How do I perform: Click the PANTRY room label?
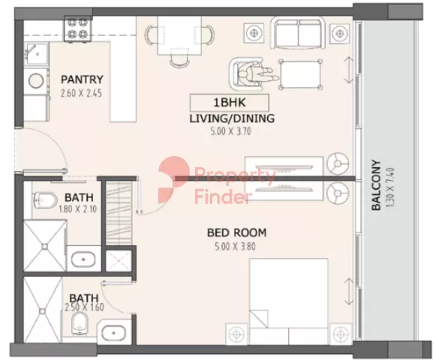tap(82, 79)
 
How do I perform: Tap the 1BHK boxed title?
tap(229, 103)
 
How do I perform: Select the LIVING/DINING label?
tap(232, 118)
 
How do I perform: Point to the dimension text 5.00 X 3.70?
tap(231, 131)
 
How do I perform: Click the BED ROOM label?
tap(237, 232)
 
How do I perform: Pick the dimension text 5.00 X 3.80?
tap(235, 247)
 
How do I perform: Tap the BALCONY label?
tap(376, 185)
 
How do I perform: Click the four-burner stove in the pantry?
tap(78, 28)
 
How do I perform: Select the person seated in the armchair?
tap(257, 74)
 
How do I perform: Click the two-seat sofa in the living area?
tap(298, 33)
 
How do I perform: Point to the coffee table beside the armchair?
tap(301, 74)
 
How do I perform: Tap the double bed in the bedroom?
tap(289, 301)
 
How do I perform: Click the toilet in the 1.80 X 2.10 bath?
tap(44, 199)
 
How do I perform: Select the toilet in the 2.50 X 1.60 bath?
tap(79, 324)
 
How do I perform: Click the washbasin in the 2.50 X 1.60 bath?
tap(113, 332)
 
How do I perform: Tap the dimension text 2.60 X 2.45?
tap(81, 93)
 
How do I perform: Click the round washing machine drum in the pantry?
tap(36, 81)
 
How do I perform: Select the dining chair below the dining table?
tap(179, 58)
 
